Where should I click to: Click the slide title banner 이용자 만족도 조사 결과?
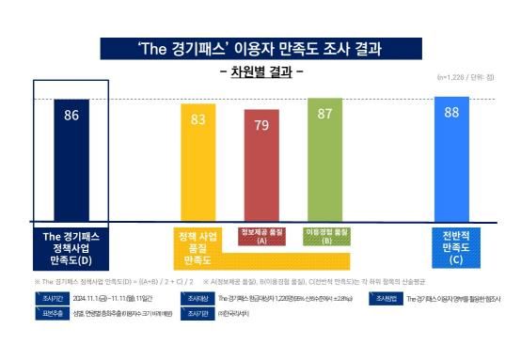pyautogui.click(x=260, y=48)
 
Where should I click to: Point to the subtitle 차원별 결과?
pyautogui.click(x=260, y=71)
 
